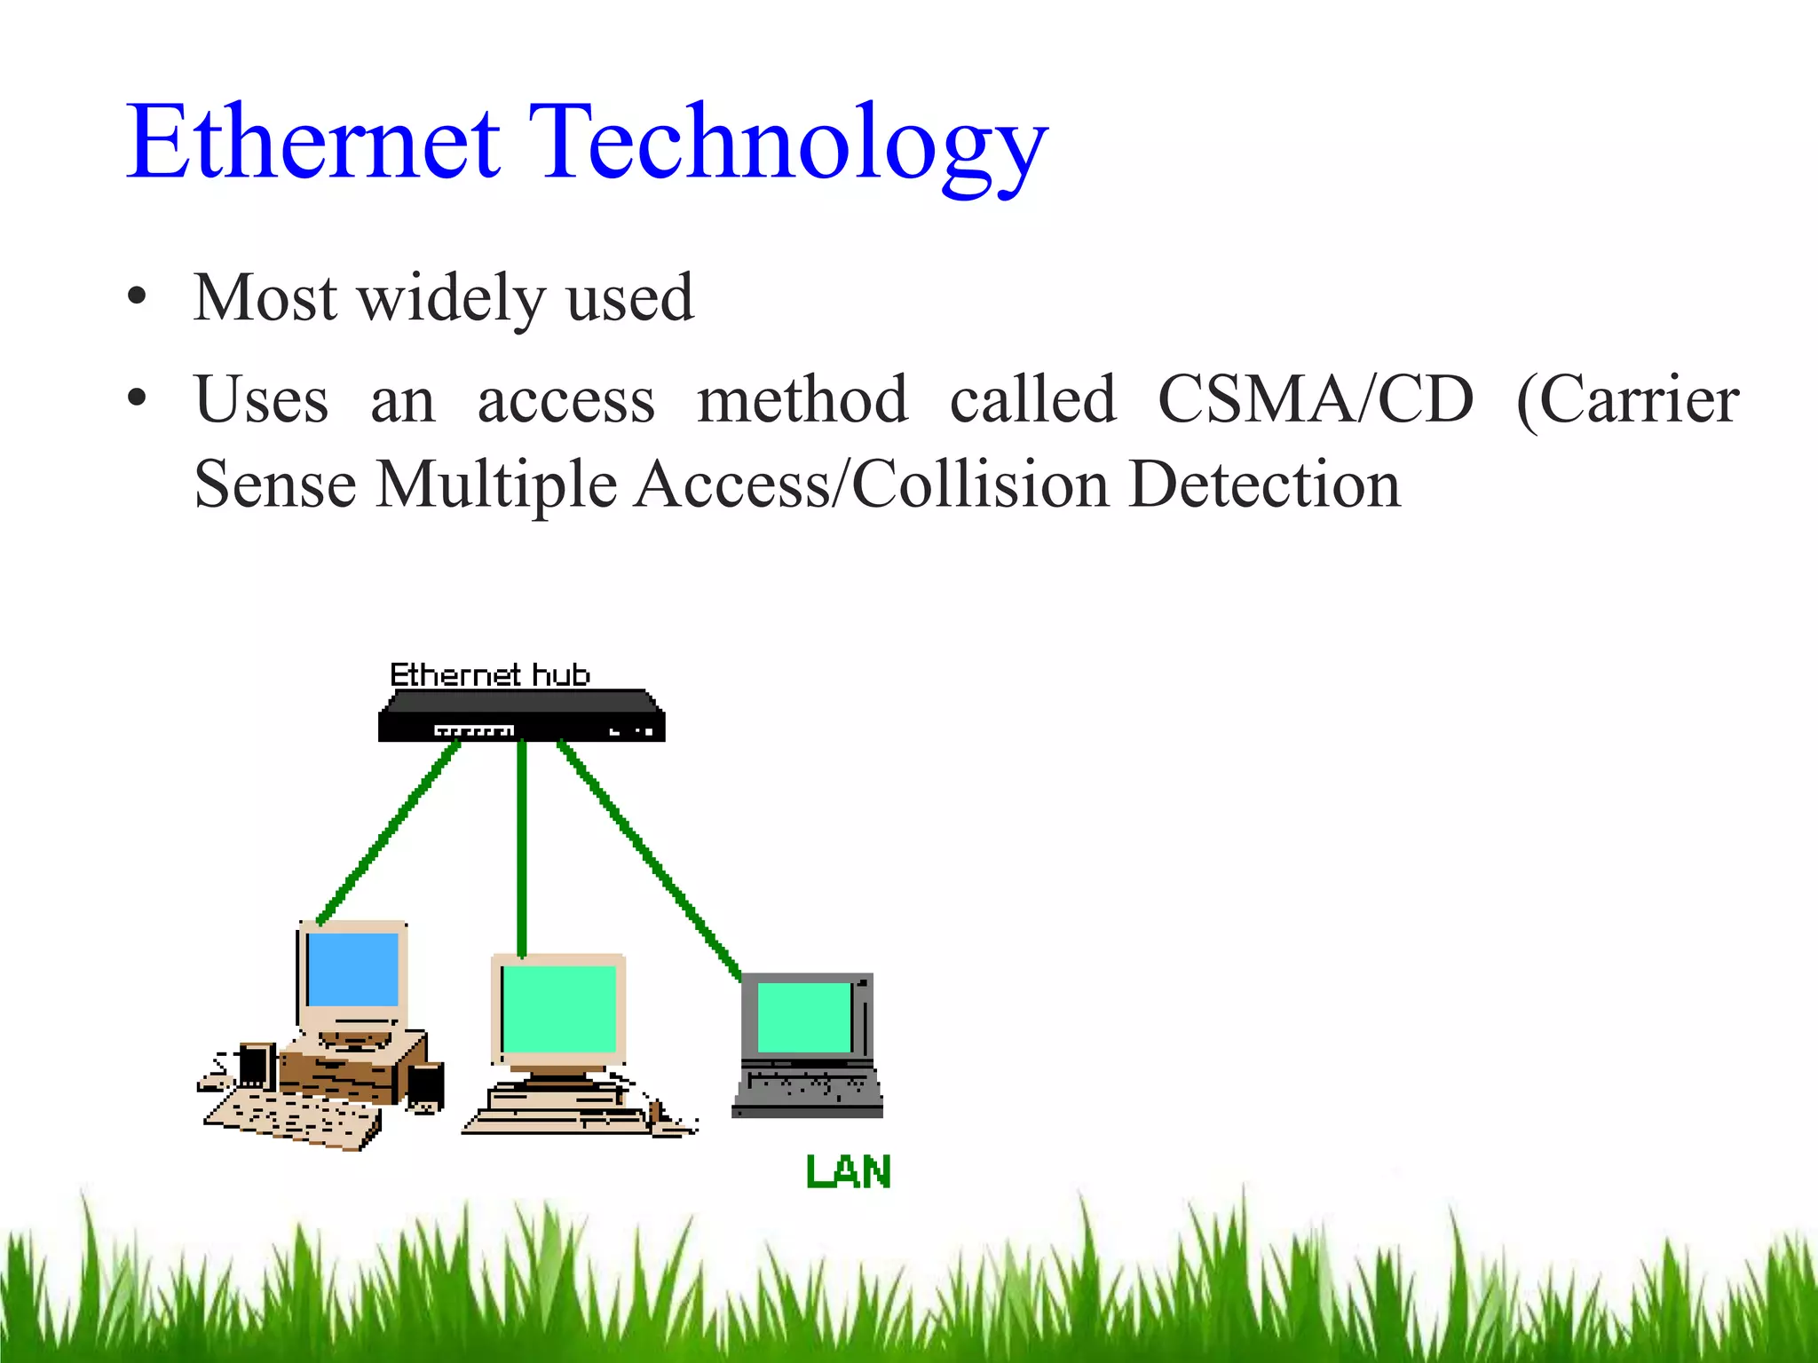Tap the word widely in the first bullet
451,298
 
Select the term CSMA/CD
1316,400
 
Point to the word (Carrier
1628,402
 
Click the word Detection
1265,485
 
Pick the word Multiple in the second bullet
496,486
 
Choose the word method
802,400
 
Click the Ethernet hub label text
490,674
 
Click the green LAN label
848,1172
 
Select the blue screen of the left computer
352,969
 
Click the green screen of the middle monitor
559,1008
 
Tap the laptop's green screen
804,1017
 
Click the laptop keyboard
806,1086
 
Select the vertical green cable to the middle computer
522,847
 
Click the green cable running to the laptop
648,856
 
